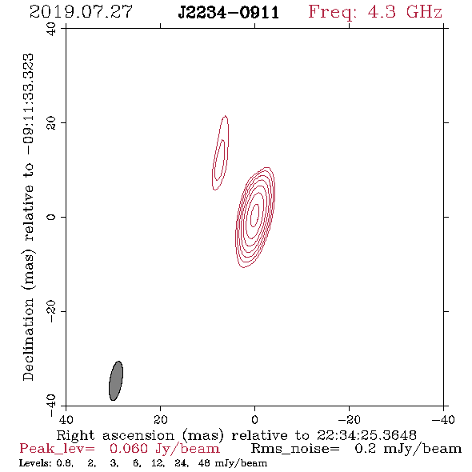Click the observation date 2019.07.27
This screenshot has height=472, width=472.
coord(81,12)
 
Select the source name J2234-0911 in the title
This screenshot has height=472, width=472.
coord(229,13)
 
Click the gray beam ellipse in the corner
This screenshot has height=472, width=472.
coord(116,381)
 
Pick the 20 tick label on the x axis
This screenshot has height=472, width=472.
coord(161,420)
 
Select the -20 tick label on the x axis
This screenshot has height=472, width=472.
coord(349,420)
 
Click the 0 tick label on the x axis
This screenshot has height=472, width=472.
coord(255,420)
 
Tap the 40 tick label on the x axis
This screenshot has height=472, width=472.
coord(66,420)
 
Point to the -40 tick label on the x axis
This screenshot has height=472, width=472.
coord(443,420)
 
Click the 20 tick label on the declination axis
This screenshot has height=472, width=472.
coord(51,123)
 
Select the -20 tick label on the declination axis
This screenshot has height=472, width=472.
coord(51,311)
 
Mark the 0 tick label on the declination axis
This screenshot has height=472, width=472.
coord(51,217)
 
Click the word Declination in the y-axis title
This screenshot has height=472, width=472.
coord(28,339)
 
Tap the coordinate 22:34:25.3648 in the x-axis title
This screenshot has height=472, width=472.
coord(366,435)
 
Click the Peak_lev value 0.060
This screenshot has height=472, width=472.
coord(129,449)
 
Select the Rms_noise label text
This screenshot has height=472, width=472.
coord(295,449)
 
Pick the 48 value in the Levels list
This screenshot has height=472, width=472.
coord(205,463)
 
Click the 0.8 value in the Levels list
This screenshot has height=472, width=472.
coord(65,463)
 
